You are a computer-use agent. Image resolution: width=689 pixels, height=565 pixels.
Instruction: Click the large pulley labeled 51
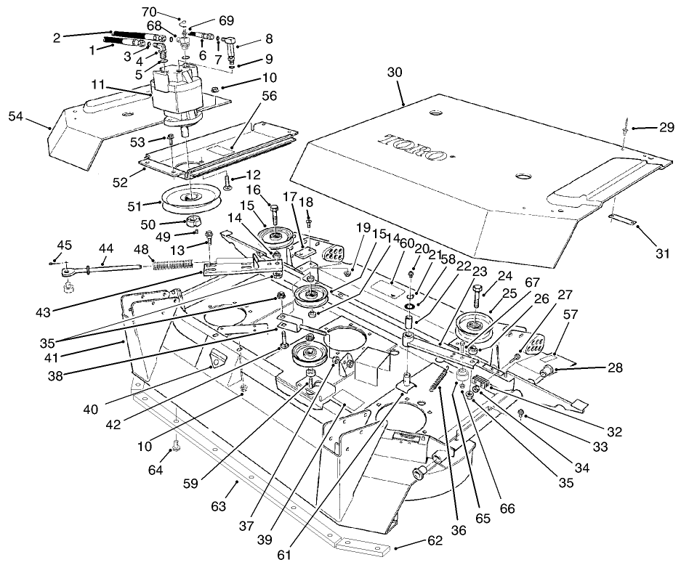188,197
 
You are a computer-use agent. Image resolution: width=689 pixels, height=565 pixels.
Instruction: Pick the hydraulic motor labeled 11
177,94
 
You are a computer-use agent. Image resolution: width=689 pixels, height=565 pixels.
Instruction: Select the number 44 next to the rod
106,248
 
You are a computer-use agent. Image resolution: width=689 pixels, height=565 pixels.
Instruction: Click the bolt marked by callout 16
275,214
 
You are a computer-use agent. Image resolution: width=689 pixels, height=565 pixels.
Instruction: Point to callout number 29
666,127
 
